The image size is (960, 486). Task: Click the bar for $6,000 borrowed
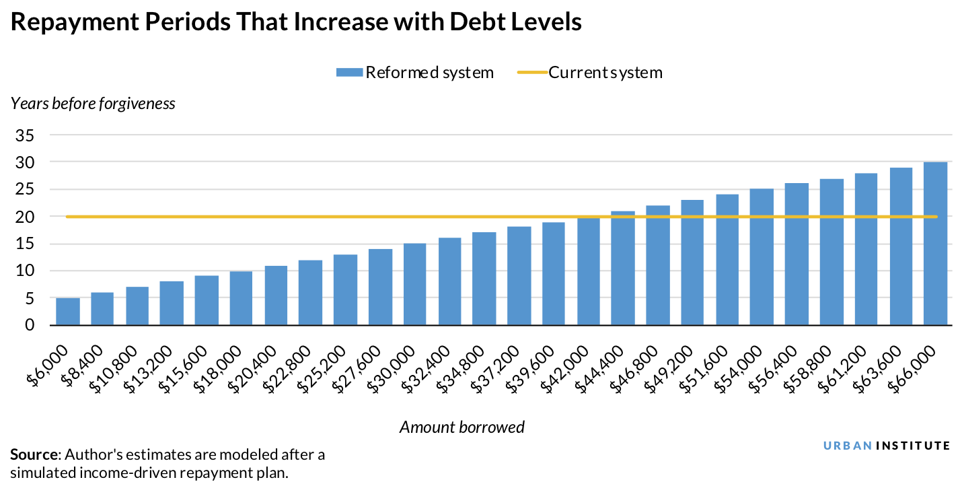point(67,312)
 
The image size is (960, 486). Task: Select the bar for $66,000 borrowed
point(935,244)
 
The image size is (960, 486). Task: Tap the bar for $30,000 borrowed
point(414,284)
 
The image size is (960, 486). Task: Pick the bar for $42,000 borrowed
point(588,271)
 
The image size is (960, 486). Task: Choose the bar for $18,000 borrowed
point(241,298)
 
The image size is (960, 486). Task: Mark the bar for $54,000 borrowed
point(762,257)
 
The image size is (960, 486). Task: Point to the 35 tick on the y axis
point(26,135)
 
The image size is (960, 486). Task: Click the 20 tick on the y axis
point(26,217)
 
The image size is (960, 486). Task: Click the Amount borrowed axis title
point(462,427)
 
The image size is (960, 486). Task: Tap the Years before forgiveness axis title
point(93,104)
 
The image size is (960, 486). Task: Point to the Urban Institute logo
point(887,446)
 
